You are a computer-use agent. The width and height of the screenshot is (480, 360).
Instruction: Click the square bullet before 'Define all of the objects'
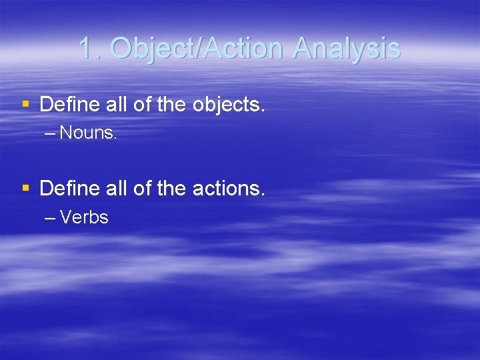click(26, 104)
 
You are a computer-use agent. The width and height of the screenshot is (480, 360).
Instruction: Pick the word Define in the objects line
click(67, 104)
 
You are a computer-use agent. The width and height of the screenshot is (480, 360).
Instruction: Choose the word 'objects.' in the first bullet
click(229, 105)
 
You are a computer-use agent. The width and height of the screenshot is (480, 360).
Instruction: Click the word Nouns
click(89, 133)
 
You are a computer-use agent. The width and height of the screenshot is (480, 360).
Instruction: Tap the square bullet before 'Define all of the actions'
click(26, 189)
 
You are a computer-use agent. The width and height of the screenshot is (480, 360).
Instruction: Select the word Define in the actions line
click(67, 189)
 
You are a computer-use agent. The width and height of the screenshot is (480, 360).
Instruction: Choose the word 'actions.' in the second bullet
click(229, 189)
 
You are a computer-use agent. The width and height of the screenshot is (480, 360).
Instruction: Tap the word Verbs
click(84, 218)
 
